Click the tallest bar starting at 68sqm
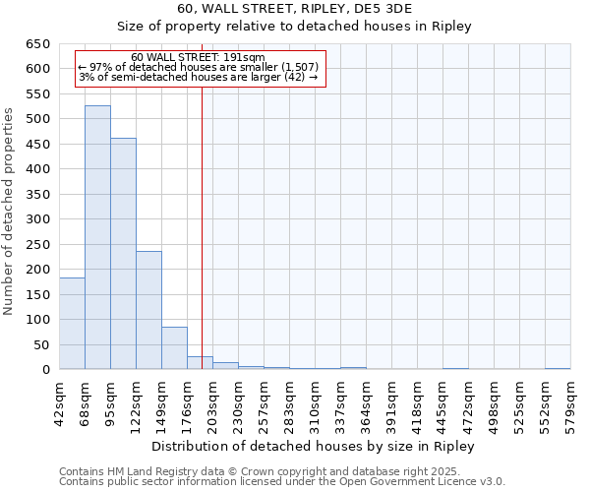[97, 237]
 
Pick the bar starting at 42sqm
[72, 324]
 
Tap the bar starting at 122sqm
[148, 310]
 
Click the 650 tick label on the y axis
[36, 44]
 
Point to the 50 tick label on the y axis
[40, 344]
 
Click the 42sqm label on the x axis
[59, 400]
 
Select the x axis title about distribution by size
[315, 446]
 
